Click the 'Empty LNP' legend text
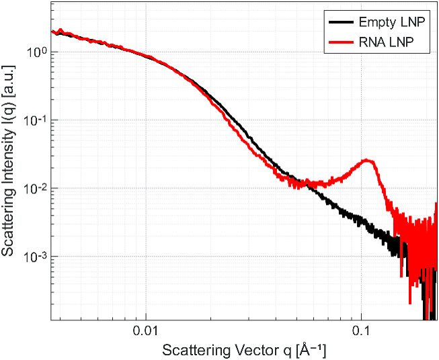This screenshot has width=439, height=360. [x=392, y=21]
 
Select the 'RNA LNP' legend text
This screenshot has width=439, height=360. [x=386, y=42]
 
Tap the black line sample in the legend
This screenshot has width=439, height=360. [x=341, y=21]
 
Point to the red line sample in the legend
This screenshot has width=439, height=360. [x=341, y=42]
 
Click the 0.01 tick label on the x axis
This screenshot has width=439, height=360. [x=146, y=331]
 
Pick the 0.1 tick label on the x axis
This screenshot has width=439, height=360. [x=361, y=331]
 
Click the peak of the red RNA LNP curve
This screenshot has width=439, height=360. [x=366, y=161]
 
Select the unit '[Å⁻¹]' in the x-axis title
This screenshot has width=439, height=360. [x=311, y=351]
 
